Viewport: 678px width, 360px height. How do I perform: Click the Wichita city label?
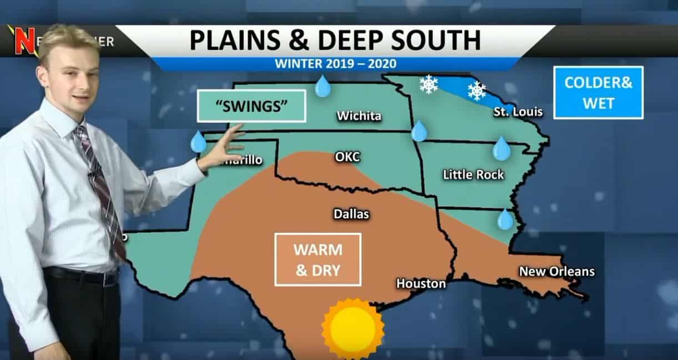click(359, 116)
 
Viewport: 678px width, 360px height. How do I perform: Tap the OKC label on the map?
click(347, 157)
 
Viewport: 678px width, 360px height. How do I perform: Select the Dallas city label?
click(351, 214)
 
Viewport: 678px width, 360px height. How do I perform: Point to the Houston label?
click(421, 284)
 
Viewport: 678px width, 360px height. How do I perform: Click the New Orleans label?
click(556, 272)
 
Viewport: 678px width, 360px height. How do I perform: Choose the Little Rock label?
click(473, 175)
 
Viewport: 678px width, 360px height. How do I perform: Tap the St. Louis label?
click(518, 112)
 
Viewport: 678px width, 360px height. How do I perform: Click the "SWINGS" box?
click(252, 106)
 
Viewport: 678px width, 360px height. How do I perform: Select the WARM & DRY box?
click(318, 259)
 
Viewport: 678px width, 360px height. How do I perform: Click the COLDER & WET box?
click(598, 92)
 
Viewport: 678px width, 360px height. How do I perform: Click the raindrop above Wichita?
click(323, 87)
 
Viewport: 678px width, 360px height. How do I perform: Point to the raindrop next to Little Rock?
click(501, 148)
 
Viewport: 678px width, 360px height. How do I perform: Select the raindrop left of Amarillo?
click(198, 142)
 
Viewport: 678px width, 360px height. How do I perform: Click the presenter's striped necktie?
click(100, 189)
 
